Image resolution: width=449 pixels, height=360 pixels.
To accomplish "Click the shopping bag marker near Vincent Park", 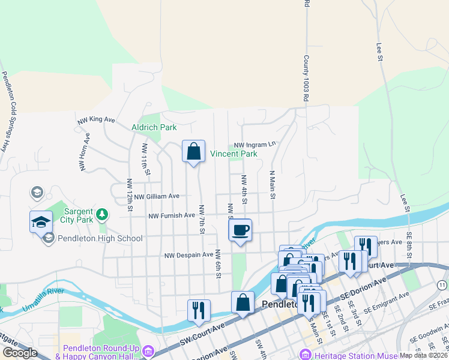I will [x=193, y=152].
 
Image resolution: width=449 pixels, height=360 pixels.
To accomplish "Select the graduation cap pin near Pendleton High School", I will [x=41, y=221].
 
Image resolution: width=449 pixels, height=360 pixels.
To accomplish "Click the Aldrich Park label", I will [x=154, y=127].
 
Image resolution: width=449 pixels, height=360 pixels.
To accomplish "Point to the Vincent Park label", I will [x=234, y=154].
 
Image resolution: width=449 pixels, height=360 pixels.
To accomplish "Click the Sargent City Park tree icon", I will [x=102, y=213].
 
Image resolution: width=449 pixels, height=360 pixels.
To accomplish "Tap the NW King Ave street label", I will [x=96, y=120].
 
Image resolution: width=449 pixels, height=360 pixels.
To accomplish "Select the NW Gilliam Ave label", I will [x=157, y=196].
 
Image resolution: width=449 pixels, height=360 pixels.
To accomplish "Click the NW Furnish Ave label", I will [x=172, y=215].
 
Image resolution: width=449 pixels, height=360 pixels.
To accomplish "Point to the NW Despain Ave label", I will [x=189, y=255].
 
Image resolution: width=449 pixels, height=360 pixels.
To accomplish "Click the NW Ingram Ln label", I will [x=255, y=145].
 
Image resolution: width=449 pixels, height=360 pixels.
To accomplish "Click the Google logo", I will [x=19, y=353].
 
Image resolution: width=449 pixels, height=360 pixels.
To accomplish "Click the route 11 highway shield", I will [x=442, y=284].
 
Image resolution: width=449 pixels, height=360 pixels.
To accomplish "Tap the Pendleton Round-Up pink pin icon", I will [x=149, y=352].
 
